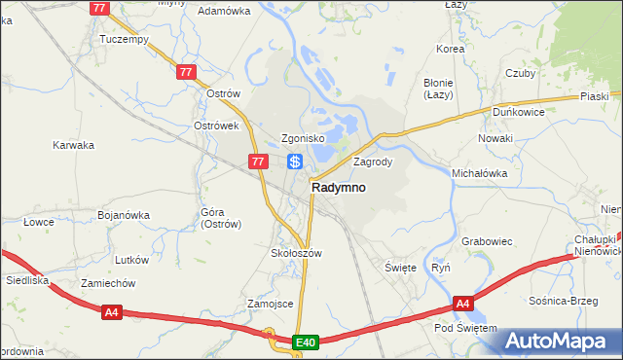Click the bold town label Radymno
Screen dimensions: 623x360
339,188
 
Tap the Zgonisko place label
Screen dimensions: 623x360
282,138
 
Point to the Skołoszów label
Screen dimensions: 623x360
295,252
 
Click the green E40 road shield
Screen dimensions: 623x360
306,342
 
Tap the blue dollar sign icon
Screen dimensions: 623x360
295,162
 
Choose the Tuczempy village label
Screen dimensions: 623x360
124,40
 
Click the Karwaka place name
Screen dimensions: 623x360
73,145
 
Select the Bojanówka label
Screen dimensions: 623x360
124,215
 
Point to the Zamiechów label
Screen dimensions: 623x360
108,283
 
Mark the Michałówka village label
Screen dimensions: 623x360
480,173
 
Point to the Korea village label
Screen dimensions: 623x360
451,48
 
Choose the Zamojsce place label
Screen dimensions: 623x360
271,304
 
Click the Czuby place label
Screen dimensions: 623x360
521,73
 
